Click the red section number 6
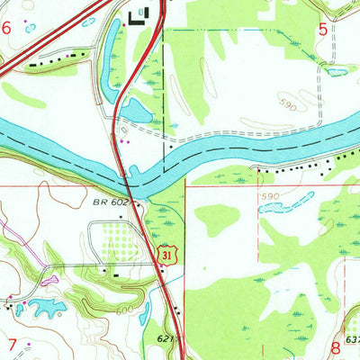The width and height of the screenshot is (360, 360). point(7,28)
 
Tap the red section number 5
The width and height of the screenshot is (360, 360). point(323,30)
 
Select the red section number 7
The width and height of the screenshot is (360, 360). point(12,344)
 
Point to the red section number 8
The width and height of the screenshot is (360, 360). point(335,346)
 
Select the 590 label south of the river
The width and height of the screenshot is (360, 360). point(270,194)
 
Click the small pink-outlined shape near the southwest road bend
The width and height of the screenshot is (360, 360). point(53,281)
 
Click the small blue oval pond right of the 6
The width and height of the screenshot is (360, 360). point(87,22)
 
